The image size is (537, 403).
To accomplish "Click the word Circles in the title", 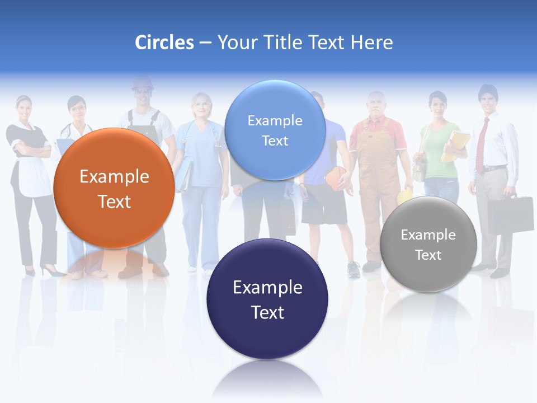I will [164, 43].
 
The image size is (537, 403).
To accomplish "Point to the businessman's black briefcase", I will [510, 214].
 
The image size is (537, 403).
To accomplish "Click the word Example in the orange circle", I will [114, 177].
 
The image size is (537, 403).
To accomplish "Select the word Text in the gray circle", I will [428, 255].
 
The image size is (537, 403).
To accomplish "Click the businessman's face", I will [488, 99].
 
